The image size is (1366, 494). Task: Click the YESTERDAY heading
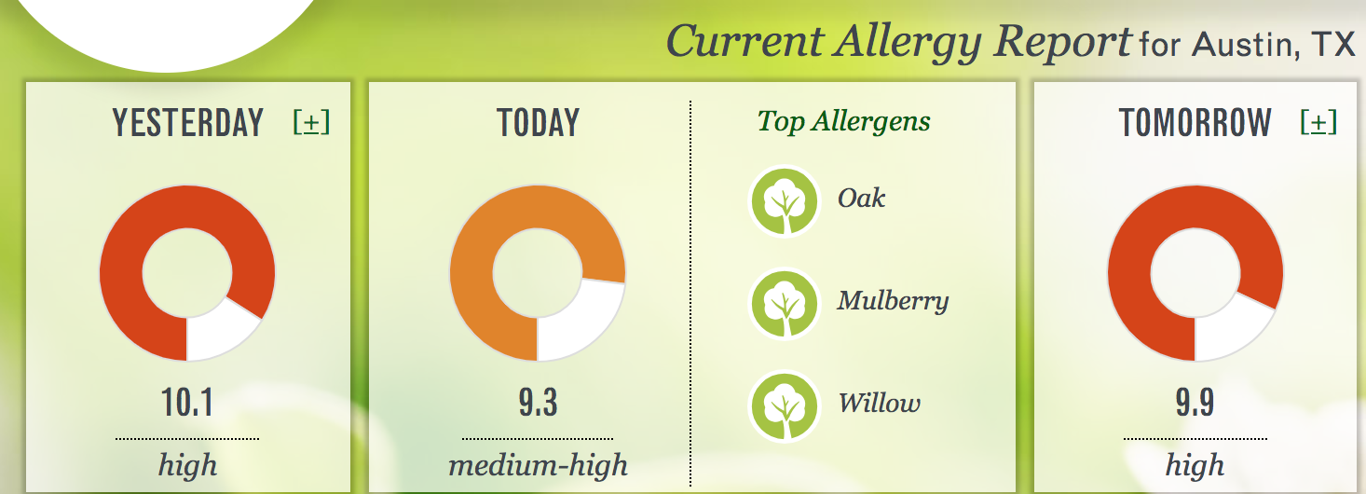[187, 123]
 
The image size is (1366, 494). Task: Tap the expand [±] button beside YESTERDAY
[311, 123]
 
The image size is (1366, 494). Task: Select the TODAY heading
[538, 123]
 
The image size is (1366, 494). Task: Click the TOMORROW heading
[1195, 123]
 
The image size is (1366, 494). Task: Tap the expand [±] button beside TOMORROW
[1318, 123]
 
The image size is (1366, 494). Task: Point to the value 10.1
[186, 403]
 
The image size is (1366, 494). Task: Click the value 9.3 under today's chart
[538, 403]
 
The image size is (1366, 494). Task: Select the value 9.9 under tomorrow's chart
[1195, 403]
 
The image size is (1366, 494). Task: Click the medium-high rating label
[538, 466]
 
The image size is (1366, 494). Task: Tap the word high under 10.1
[187, 466]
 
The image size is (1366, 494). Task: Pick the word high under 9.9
[1195, 466]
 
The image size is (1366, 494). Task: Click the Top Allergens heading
[843, 121]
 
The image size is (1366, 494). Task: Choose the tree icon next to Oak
[785, 201]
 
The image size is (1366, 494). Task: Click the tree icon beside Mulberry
[785, 304]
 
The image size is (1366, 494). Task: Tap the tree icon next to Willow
[785, 406]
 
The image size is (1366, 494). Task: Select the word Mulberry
[893, 301]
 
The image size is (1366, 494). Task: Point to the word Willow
[879, 403]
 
